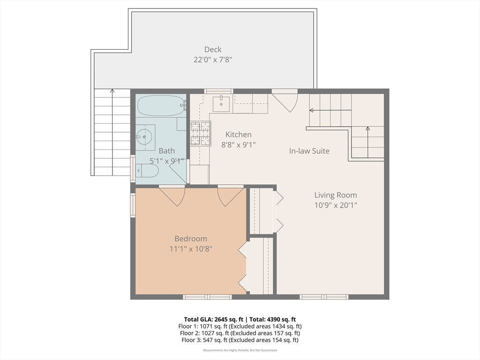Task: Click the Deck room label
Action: (213, 49)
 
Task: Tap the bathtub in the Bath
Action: (162, 105)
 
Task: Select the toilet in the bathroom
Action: (147, 171)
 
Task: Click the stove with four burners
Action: (200, 134)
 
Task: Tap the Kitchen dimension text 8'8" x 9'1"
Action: (239, 144)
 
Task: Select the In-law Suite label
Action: (309, 151)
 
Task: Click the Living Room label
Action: (336, 195)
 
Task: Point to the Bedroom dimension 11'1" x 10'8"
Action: (191, 249)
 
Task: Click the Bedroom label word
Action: (191, 239)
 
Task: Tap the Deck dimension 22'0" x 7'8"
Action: (213, 60)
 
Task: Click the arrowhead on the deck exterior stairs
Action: (112, 90)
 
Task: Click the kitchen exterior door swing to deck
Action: (285, 101)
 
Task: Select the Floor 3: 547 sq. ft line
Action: (240, 340)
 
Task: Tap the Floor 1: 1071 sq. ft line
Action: (240, 326)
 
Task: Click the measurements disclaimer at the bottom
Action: (240, 350)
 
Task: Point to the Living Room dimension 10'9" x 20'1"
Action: (336, 205)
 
